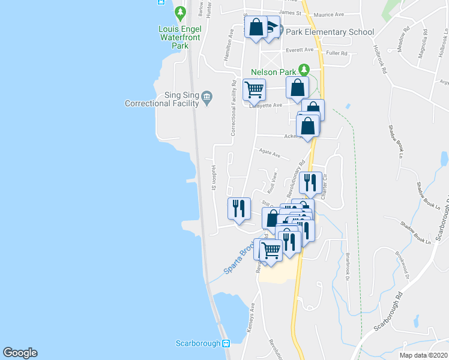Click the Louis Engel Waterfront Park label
[173, 37]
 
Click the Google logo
[20, 353]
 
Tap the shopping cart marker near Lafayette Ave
[254, 89]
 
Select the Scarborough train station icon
[226, 343]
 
